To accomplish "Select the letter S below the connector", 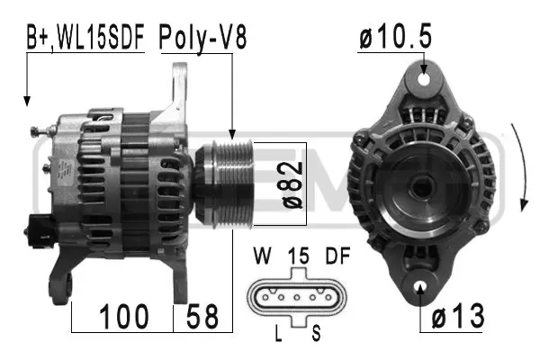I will point(317,334).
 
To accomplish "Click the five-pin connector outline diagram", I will point(296,295).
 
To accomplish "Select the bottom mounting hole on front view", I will point(423,289).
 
